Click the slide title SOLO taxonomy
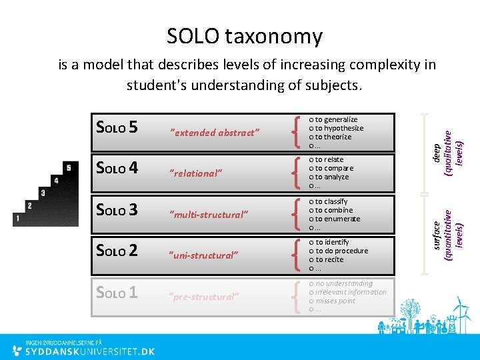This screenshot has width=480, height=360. point(244,36)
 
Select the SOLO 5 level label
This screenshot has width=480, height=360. point(117,127)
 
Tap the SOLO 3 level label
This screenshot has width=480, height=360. point(117,210)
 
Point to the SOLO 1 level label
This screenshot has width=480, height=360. point(117,293)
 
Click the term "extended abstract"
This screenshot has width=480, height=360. point(215,132)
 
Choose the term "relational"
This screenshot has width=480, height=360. point(196,173)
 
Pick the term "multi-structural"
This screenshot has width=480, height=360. point(209,214)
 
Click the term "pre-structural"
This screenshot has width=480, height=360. point(204,297)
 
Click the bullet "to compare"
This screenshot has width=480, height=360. point(334,168)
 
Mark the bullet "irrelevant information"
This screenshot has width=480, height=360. point(351,292)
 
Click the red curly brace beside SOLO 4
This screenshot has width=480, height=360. point(295,172)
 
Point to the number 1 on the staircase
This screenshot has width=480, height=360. point(17,218)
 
